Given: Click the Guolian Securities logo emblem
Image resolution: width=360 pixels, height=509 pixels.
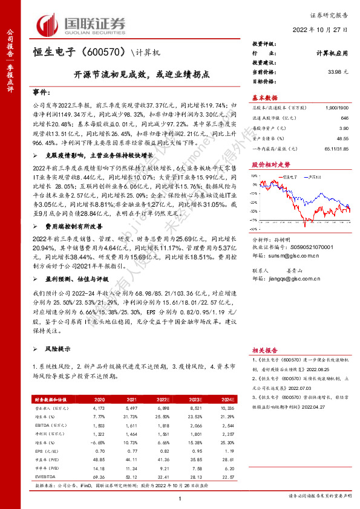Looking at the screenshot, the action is (x=48, y=24).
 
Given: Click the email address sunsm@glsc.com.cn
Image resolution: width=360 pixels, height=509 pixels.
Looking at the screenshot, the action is (x=289, y=273).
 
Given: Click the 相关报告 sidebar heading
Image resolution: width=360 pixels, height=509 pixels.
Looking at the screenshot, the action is (x=264, y=350).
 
